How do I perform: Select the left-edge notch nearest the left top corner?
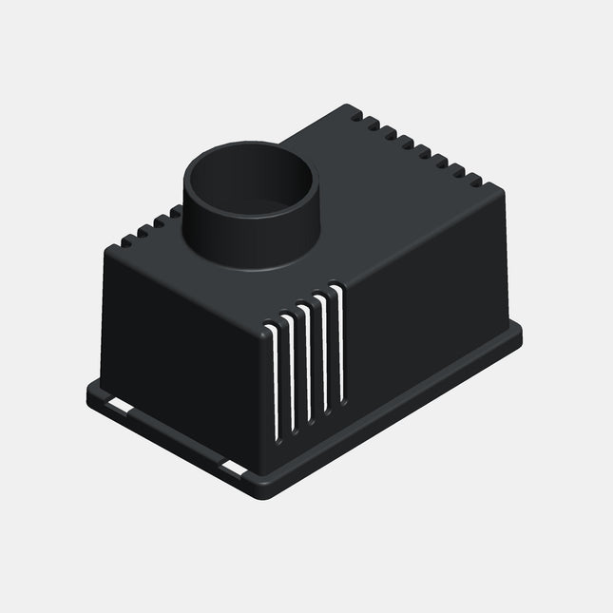[x=124, y=242]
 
